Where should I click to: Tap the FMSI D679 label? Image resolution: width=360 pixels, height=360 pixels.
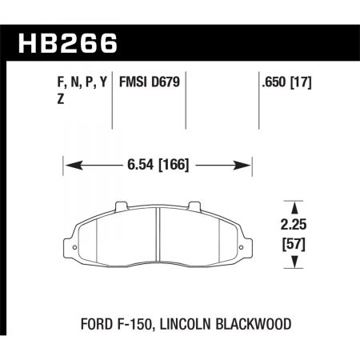click(x=149, y=82)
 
